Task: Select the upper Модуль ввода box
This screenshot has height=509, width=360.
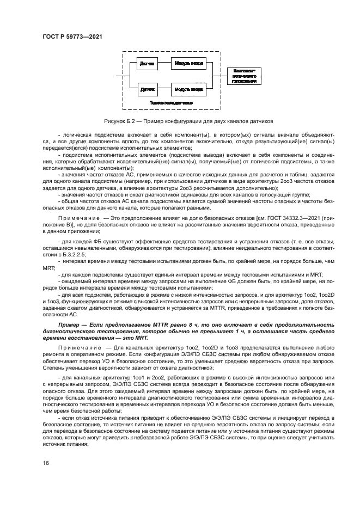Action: [x=189, y=64]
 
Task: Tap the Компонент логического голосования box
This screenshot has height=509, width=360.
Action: [x=245, y=76]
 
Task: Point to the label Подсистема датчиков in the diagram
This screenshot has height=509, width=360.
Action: [x=172, y=102]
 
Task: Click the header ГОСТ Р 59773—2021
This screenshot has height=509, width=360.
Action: [x=72, y=36]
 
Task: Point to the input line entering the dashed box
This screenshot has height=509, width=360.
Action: [x=118, y=76]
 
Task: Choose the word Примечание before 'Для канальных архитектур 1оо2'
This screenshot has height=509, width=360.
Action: [x=75, y=332]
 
